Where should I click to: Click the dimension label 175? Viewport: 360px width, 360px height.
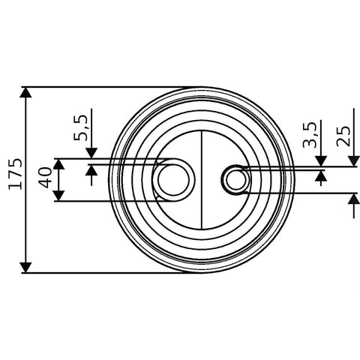(16, 174)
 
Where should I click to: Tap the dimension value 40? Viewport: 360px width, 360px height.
(45, 178)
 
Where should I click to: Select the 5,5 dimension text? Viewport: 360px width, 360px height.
(80, 127)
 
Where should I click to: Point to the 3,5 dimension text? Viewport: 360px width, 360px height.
(310, 134)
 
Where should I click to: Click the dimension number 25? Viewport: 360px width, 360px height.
(343, 136)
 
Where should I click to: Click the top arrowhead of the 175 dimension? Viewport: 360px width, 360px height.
(26, 92)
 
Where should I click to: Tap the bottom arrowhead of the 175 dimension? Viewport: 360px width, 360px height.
(26, 268)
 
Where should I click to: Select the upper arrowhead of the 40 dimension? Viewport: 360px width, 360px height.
(59, 164)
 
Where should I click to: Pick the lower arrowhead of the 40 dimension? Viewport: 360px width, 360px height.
(59, 196)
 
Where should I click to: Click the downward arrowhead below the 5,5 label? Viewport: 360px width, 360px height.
(91, 153)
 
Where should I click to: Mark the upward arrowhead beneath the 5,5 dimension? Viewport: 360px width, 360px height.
(91, 170)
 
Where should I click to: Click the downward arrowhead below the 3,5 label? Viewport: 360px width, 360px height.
(321, 161)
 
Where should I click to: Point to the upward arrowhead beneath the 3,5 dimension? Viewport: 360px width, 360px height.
(321, 175)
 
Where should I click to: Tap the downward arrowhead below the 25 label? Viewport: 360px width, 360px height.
(354, 161)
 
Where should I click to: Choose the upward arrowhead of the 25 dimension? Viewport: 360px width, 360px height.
(354, 199)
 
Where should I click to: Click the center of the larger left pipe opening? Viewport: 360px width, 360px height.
(173, 180)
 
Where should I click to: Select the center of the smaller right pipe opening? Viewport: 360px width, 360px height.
(235, 179)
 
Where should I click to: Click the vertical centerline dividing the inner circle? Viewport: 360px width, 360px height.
(202, 180)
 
